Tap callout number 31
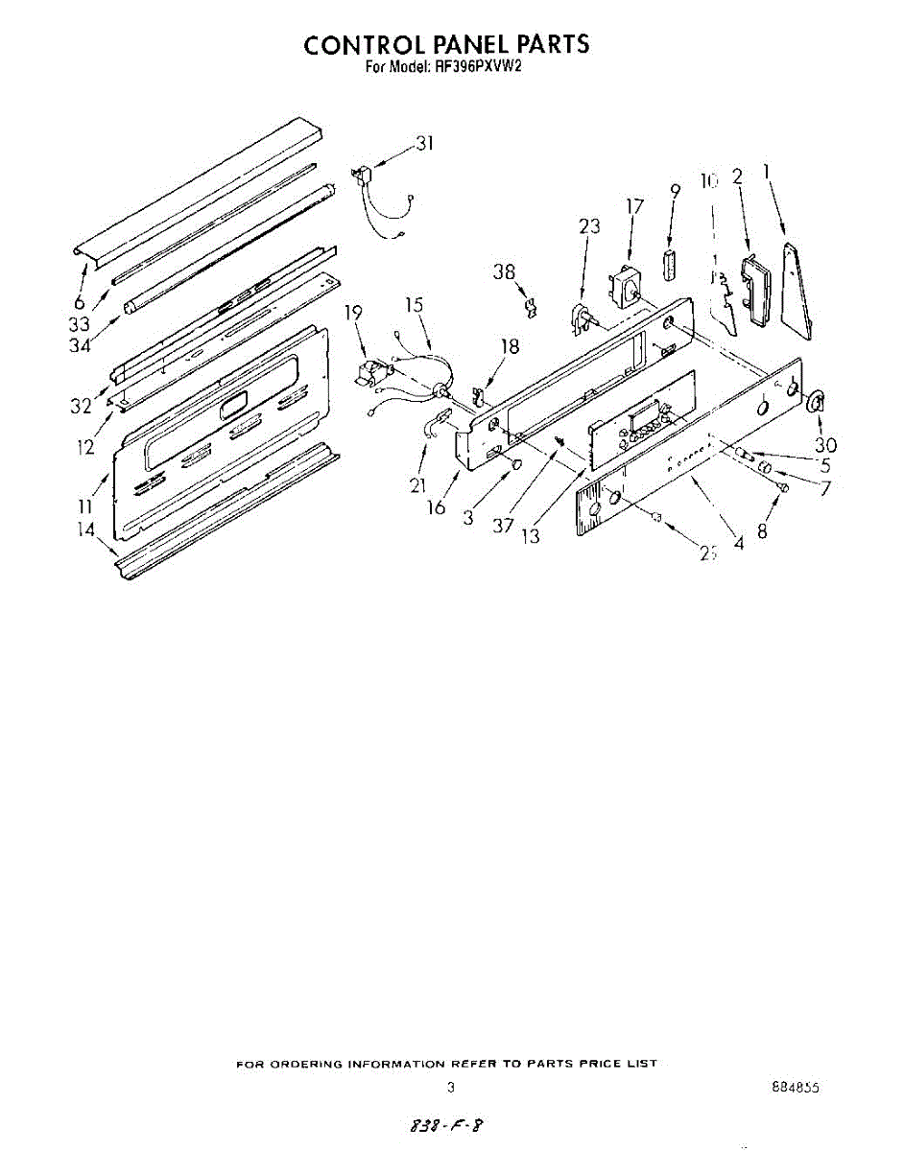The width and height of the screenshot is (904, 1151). click(x=424, y=144)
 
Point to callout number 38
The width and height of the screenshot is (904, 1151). click(x=505, y=272)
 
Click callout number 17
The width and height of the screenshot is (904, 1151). click(x=634, y=206)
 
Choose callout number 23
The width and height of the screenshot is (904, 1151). click(x=589, y=226)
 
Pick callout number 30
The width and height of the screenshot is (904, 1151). click(x=824, y=445)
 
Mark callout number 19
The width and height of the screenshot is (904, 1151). click(x=353, y=313)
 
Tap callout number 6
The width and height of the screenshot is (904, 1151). click(x=80, y=303)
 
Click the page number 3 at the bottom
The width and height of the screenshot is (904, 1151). click(x=449, y=1088)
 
